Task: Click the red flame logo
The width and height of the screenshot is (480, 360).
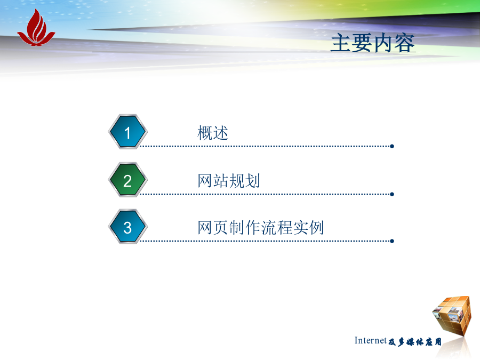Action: click(36, 28)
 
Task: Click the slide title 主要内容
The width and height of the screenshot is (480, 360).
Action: click(373, 43)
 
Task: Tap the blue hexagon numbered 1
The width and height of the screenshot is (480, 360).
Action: click(128, 132)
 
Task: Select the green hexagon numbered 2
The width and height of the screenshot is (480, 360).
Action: click(128, 180)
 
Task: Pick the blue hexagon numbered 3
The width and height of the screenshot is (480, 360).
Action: click(128, 227)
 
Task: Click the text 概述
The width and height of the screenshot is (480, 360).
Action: click(213, 133)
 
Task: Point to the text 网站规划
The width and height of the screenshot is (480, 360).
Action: click(229, 181)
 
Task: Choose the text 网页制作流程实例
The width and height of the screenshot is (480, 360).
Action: click(260, 228)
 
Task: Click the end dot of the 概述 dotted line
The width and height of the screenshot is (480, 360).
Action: click(392, 146)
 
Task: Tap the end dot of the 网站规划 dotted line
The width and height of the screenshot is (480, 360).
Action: click(392, 194)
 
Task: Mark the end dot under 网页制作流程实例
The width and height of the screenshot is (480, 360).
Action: click(392, 241)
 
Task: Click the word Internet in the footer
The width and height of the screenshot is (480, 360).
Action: click(371, 340)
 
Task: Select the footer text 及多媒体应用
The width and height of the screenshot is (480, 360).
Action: click(415, 342)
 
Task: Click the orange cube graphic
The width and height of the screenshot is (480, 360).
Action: click(452, 315)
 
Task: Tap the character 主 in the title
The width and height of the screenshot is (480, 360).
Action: click(341, 43)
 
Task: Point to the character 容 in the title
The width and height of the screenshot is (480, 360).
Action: click(405, 43)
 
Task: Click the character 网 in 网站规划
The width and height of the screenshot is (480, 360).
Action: click(205, 181)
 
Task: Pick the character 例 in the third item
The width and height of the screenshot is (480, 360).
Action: click(316, 228)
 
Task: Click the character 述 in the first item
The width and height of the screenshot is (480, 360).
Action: click(221, 133)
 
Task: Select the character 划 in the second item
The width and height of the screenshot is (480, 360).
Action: click(253, 181)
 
